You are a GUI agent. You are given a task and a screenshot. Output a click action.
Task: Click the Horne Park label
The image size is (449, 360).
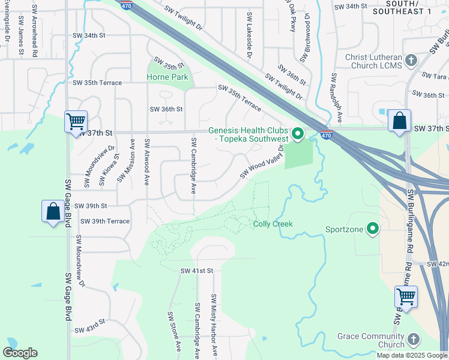(x=167, y=77)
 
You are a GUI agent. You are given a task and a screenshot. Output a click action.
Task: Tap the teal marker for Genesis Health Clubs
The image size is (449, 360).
(x=297, y=133)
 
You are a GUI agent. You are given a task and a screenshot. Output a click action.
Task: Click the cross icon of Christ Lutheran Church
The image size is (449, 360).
(x=411, y=61)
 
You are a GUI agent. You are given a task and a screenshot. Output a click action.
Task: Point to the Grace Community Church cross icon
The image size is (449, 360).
(x=413, y=340)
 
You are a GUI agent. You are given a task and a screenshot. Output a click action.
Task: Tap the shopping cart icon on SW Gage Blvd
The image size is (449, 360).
(x=76, y=122)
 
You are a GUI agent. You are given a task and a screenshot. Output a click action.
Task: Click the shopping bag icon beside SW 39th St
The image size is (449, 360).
(x=53, y=211)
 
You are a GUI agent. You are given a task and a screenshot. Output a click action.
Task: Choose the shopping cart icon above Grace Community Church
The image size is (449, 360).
(x=406, y=296)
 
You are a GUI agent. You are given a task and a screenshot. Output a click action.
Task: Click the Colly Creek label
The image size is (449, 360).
(x=273, y=224)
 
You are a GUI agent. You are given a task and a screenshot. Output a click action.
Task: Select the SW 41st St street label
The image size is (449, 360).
(x=197, y=271)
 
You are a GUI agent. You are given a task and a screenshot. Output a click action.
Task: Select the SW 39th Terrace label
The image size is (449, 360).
(x=101, y=221)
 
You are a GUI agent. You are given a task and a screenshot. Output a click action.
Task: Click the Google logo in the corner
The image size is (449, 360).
(x=20, y=353)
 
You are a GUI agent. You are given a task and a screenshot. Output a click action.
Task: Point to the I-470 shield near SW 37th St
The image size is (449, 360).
(x=326, y=136)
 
